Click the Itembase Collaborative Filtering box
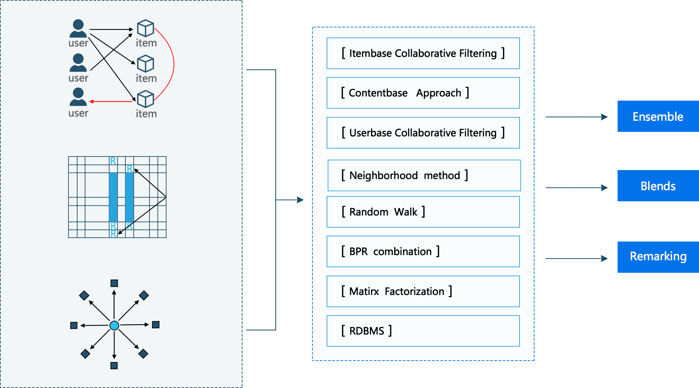point(423,53)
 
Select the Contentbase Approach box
point(423,93)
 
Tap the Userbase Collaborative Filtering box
point(423,133)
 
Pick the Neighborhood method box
point(424,176)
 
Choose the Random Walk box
point(423,212)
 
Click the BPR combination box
point(423,252)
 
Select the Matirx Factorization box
point(423,292)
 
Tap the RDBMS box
point(423,331)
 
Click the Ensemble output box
point(658,117)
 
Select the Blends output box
point(658,186)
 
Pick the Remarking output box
point(658,257)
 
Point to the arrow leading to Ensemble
point(576,117)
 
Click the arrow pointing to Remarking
point(576,259)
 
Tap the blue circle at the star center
point(114,325)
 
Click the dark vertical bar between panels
point(261,200)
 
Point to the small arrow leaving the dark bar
point(290,200)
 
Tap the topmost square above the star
point(114,283)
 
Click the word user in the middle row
point(78,78)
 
